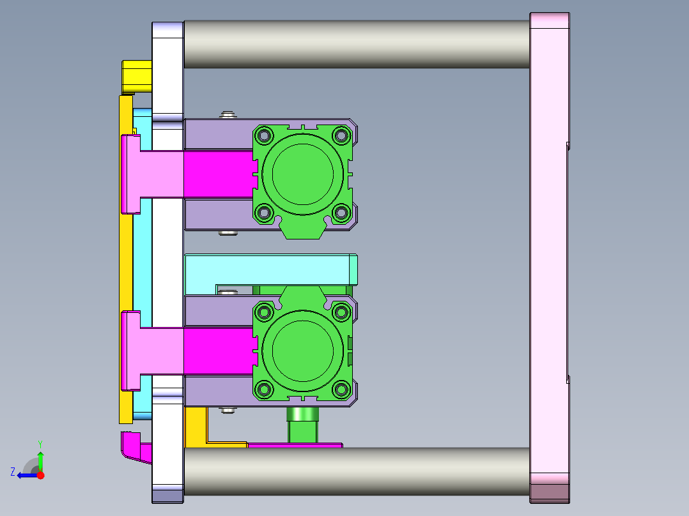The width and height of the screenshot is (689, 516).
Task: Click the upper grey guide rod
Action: (357, 44)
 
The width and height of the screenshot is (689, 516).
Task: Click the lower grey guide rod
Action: (357, 471)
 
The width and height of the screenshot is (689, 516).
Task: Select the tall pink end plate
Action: (550, 258)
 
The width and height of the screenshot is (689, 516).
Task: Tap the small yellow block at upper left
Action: (137, 77)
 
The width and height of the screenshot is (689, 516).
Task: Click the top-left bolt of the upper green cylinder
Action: (264, 135)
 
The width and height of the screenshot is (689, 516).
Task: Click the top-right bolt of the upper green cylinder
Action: (341, 135)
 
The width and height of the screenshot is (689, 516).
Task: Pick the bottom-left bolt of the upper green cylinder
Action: (264, 213)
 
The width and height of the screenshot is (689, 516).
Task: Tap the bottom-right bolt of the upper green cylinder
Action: (341, 213)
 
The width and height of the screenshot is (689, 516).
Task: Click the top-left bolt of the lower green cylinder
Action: (264, 312)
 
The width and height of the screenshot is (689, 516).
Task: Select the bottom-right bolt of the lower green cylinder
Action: (341, 389)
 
